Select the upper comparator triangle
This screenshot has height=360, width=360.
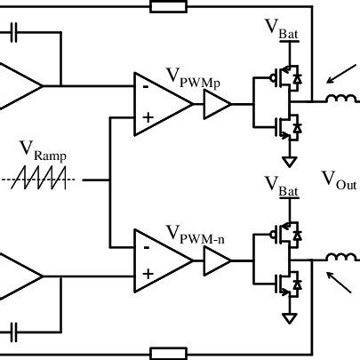point(160,104)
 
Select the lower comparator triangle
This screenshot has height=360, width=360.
point(160,259)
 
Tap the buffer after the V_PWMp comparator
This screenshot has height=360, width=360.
point(217,104)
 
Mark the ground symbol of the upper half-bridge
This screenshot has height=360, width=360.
point(288,161)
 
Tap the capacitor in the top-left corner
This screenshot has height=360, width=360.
point(14,35)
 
